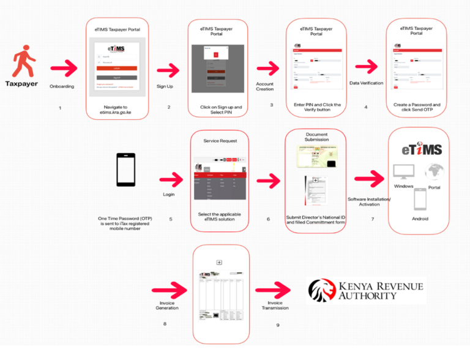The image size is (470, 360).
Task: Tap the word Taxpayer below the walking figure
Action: pos(21,84)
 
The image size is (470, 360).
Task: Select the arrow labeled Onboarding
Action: pos(64,68)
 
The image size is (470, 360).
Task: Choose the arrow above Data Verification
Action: pos(367,67)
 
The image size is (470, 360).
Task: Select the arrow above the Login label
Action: pos(171,179)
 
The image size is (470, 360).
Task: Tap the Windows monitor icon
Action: pos(403,173)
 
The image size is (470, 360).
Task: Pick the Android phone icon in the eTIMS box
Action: pos(420,200)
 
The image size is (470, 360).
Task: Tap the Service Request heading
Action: pos(220,141)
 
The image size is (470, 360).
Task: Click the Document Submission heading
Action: pos(316,137)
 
